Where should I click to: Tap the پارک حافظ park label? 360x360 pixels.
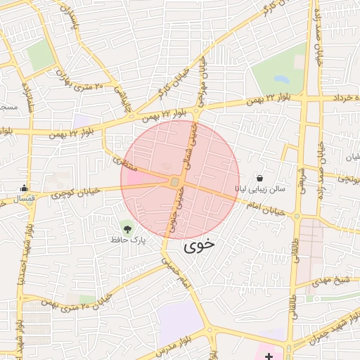[x=127, y=240]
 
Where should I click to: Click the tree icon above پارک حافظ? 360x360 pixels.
[x=127, y=227]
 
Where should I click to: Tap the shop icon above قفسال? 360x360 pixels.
[x=25, y=188]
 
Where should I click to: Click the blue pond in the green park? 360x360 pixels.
[x=282, y=79]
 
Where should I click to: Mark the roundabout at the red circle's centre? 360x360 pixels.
[x=174, y=182]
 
